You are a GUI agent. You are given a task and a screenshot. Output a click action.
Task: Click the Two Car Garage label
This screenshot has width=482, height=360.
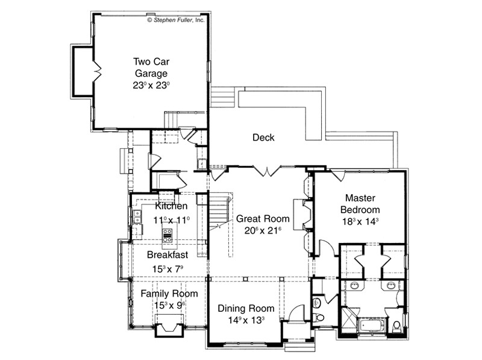click(x=151, y=68)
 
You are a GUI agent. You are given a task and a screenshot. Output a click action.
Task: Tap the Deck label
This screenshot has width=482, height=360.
click(x=263, y=137)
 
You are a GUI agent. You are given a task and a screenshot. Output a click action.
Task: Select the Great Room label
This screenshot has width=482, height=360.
click(x=263, y=218)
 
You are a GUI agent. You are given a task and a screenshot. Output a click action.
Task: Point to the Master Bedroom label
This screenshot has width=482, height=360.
click(x=360, y=204)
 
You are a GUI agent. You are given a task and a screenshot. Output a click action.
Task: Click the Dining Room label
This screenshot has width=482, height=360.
click(x=246, y=308)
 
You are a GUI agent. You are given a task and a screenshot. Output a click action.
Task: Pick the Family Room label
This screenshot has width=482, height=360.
click(x=169, y=294)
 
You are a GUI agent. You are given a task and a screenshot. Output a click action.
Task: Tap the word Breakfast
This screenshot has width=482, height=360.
click(x=167, y=254)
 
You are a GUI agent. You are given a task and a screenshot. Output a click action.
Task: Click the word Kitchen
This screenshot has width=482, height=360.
click(x=171, y=206)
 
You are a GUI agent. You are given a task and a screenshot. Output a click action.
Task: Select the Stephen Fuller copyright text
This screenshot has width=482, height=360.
click(x=176, y=20)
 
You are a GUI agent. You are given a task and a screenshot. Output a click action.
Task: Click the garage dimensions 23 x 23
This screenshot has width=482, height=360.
click(x=151, y=85)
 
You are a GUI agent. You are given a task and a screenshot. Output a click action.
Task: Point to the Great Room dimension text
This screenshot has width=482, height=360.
click(x=263, y=230)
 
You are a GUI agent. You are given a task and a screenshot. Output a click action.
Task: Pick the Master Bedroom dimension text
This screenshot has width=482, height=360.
click(x=360, y=221)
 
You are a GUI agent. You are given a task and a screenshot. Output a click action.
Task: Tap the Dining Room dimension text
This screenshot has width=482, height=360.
click(x=246, y=320)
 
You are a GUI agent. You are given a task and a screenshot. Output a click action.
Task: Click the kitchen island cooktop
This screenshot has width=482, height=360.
click(x=167, y=235)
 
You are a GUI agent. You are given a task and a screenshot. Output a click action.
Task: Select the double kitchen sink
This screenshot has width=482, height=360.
click(x=137, y=216)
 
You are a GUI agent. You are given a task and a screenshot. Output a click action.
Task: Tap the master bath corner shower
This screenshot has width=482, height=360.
click(x=349, y=320)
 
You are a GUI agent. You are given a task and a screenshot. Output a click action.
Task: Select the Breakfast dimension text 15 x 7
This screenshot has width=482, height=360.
click(x=167, y=269)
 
